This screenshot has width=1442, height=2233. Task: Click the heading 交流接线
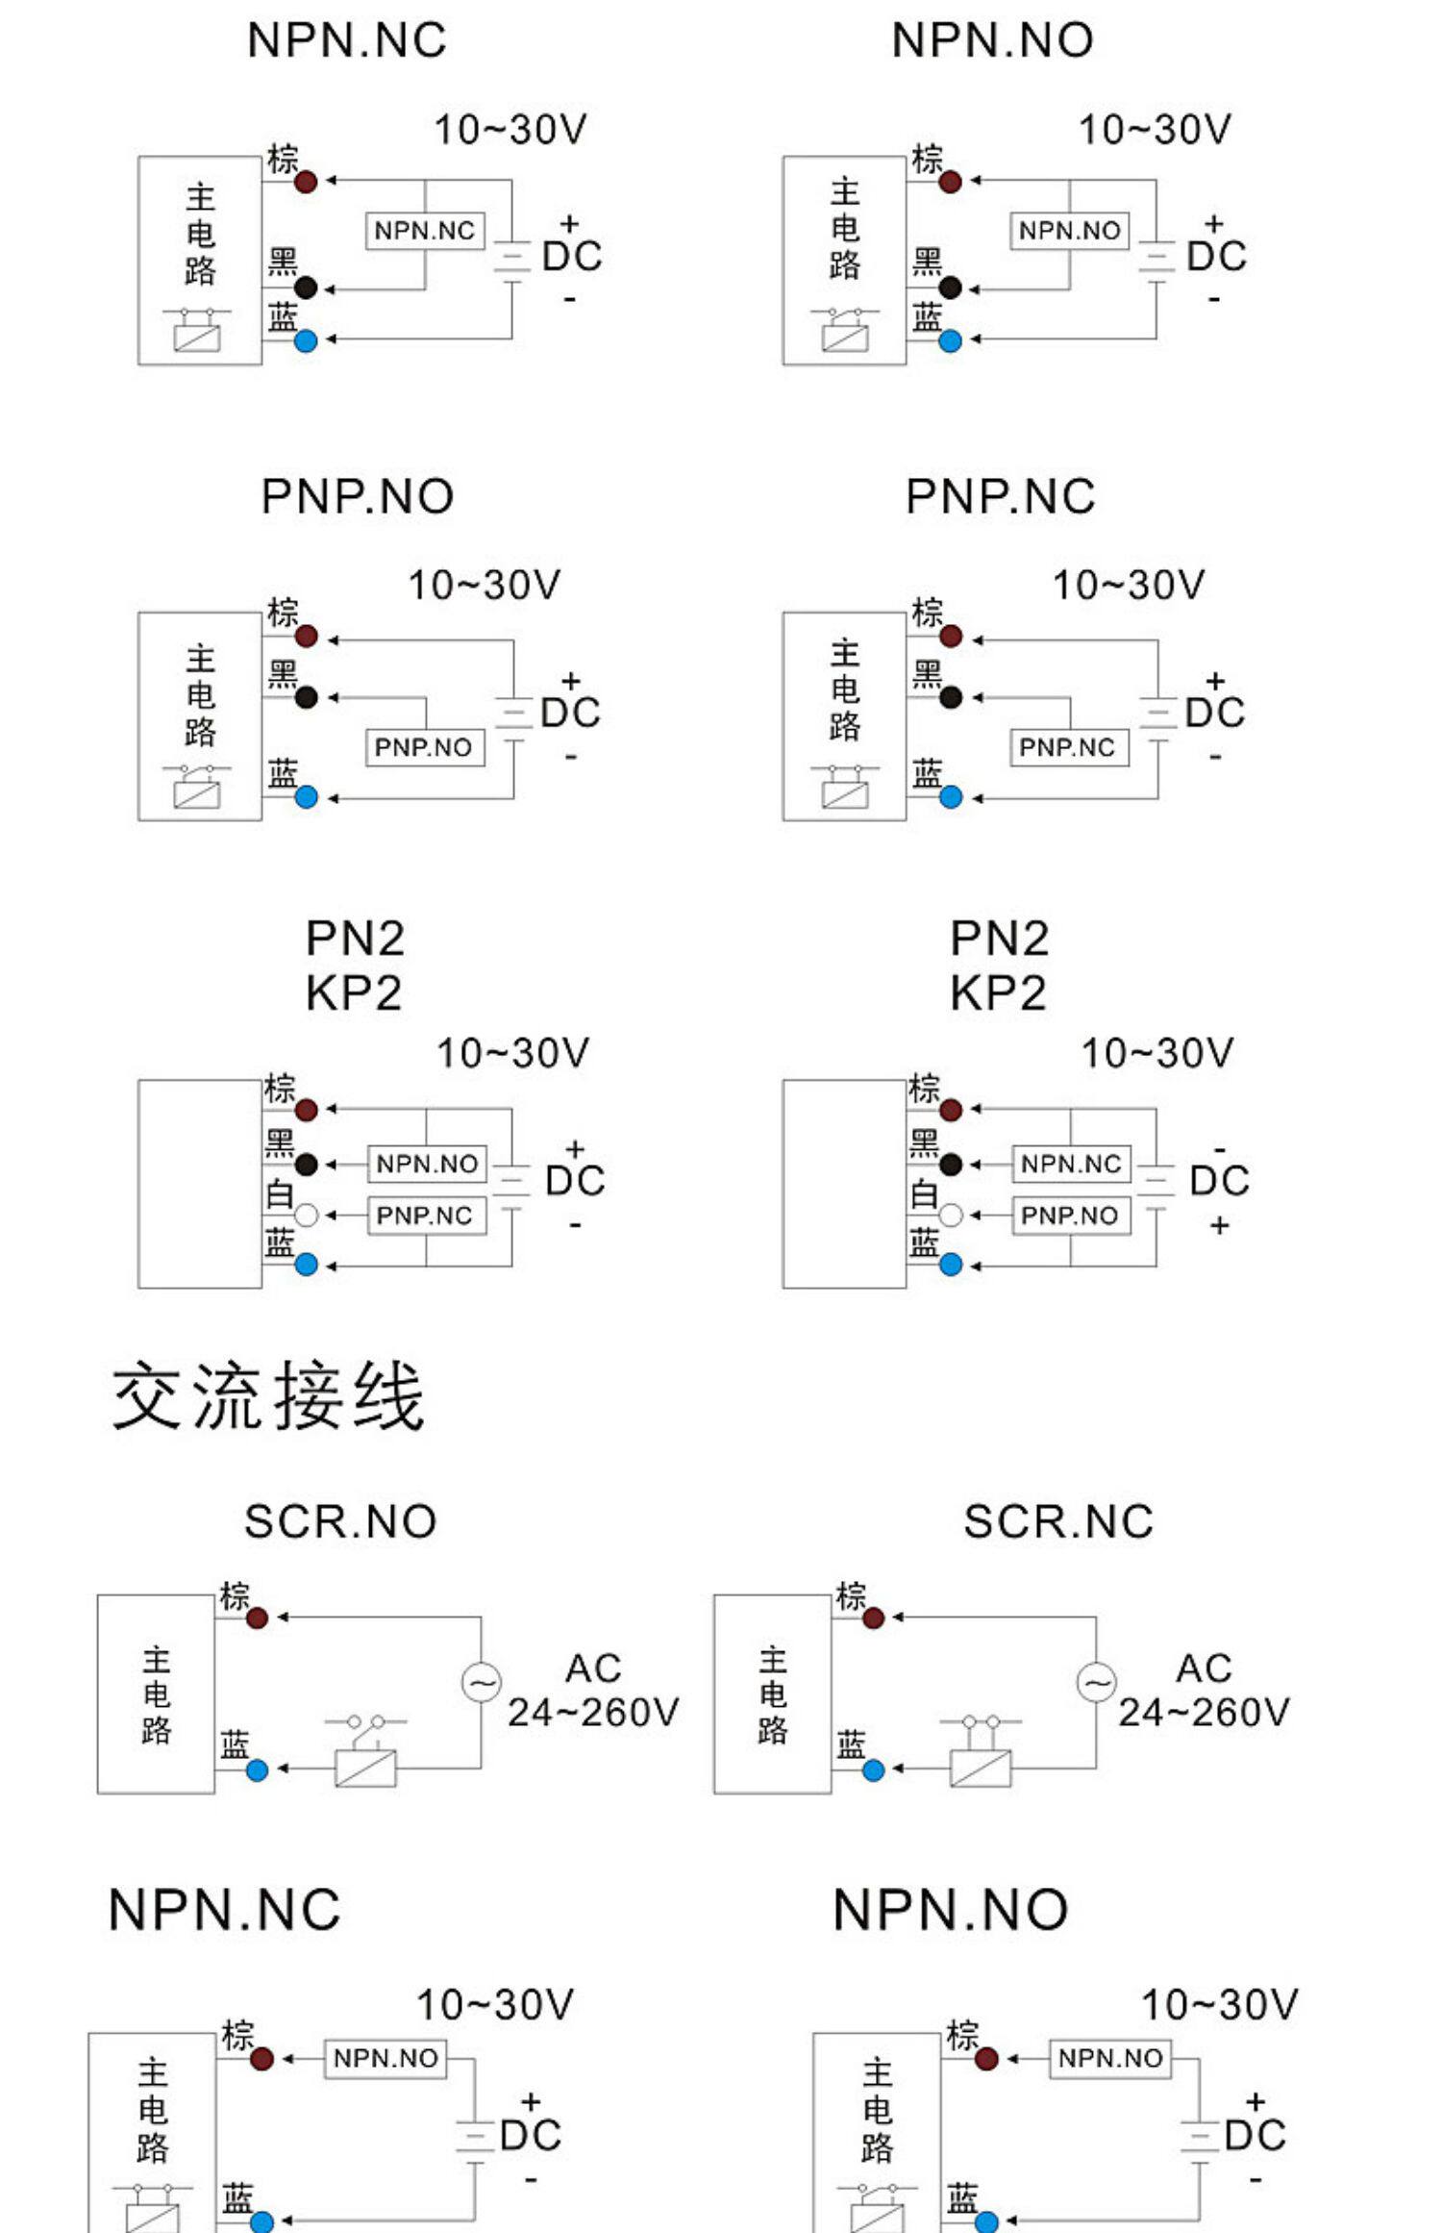click(x=268, y=1396)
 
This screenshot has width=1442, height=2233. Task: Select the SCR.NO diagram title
click(x=340, y=1521)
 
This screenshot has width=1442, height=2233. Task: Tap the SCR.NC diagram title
click(x=1058, y=1521)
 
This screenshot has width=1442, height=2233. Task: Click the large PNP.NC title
click(x=1000, y=496)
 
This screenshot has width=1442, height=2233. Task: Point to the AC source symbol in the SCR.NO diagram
click(x=481, y=1683)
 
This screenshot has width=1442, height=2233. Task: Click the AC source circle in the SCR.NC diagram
click(x=1096, y=1683)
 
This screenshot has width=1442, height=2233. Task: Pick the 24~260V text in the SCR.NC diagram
click(x=1203, y=1712)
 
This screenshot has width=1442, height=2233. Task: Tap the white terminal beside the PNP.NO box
click(x=951, y=1216)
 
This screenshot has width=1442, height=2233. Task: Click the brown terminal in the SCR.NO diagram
click(x=257, y=1618)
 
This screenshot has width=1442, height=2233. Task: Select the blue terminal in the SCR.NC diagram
click(x=873, y=1769)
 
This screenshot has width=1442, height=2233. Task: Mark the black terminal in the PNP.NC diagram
click(x=951, y=697)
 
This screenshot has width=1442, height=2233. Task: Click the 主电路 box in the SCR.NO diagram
click(x=156, y=1694)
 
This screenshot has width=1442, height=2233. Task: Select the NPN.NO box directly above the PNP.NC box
click(x=427, y=1164)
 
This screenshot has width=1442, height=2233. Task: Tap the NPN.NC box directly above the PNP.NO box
click(x=1071, y=1164)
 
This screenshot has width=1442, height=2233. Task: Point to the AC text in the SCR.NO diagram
click(x=593, y=1668)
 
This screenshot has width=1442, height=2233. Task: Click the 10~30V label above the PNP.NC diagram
click(x=1129, y=585)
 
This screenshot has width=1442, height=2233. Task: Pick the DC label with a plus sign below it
click(x=1219, y=1181)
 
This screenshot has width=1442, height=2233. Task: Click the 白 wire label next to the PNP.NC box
click(x=279, y=1194)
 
